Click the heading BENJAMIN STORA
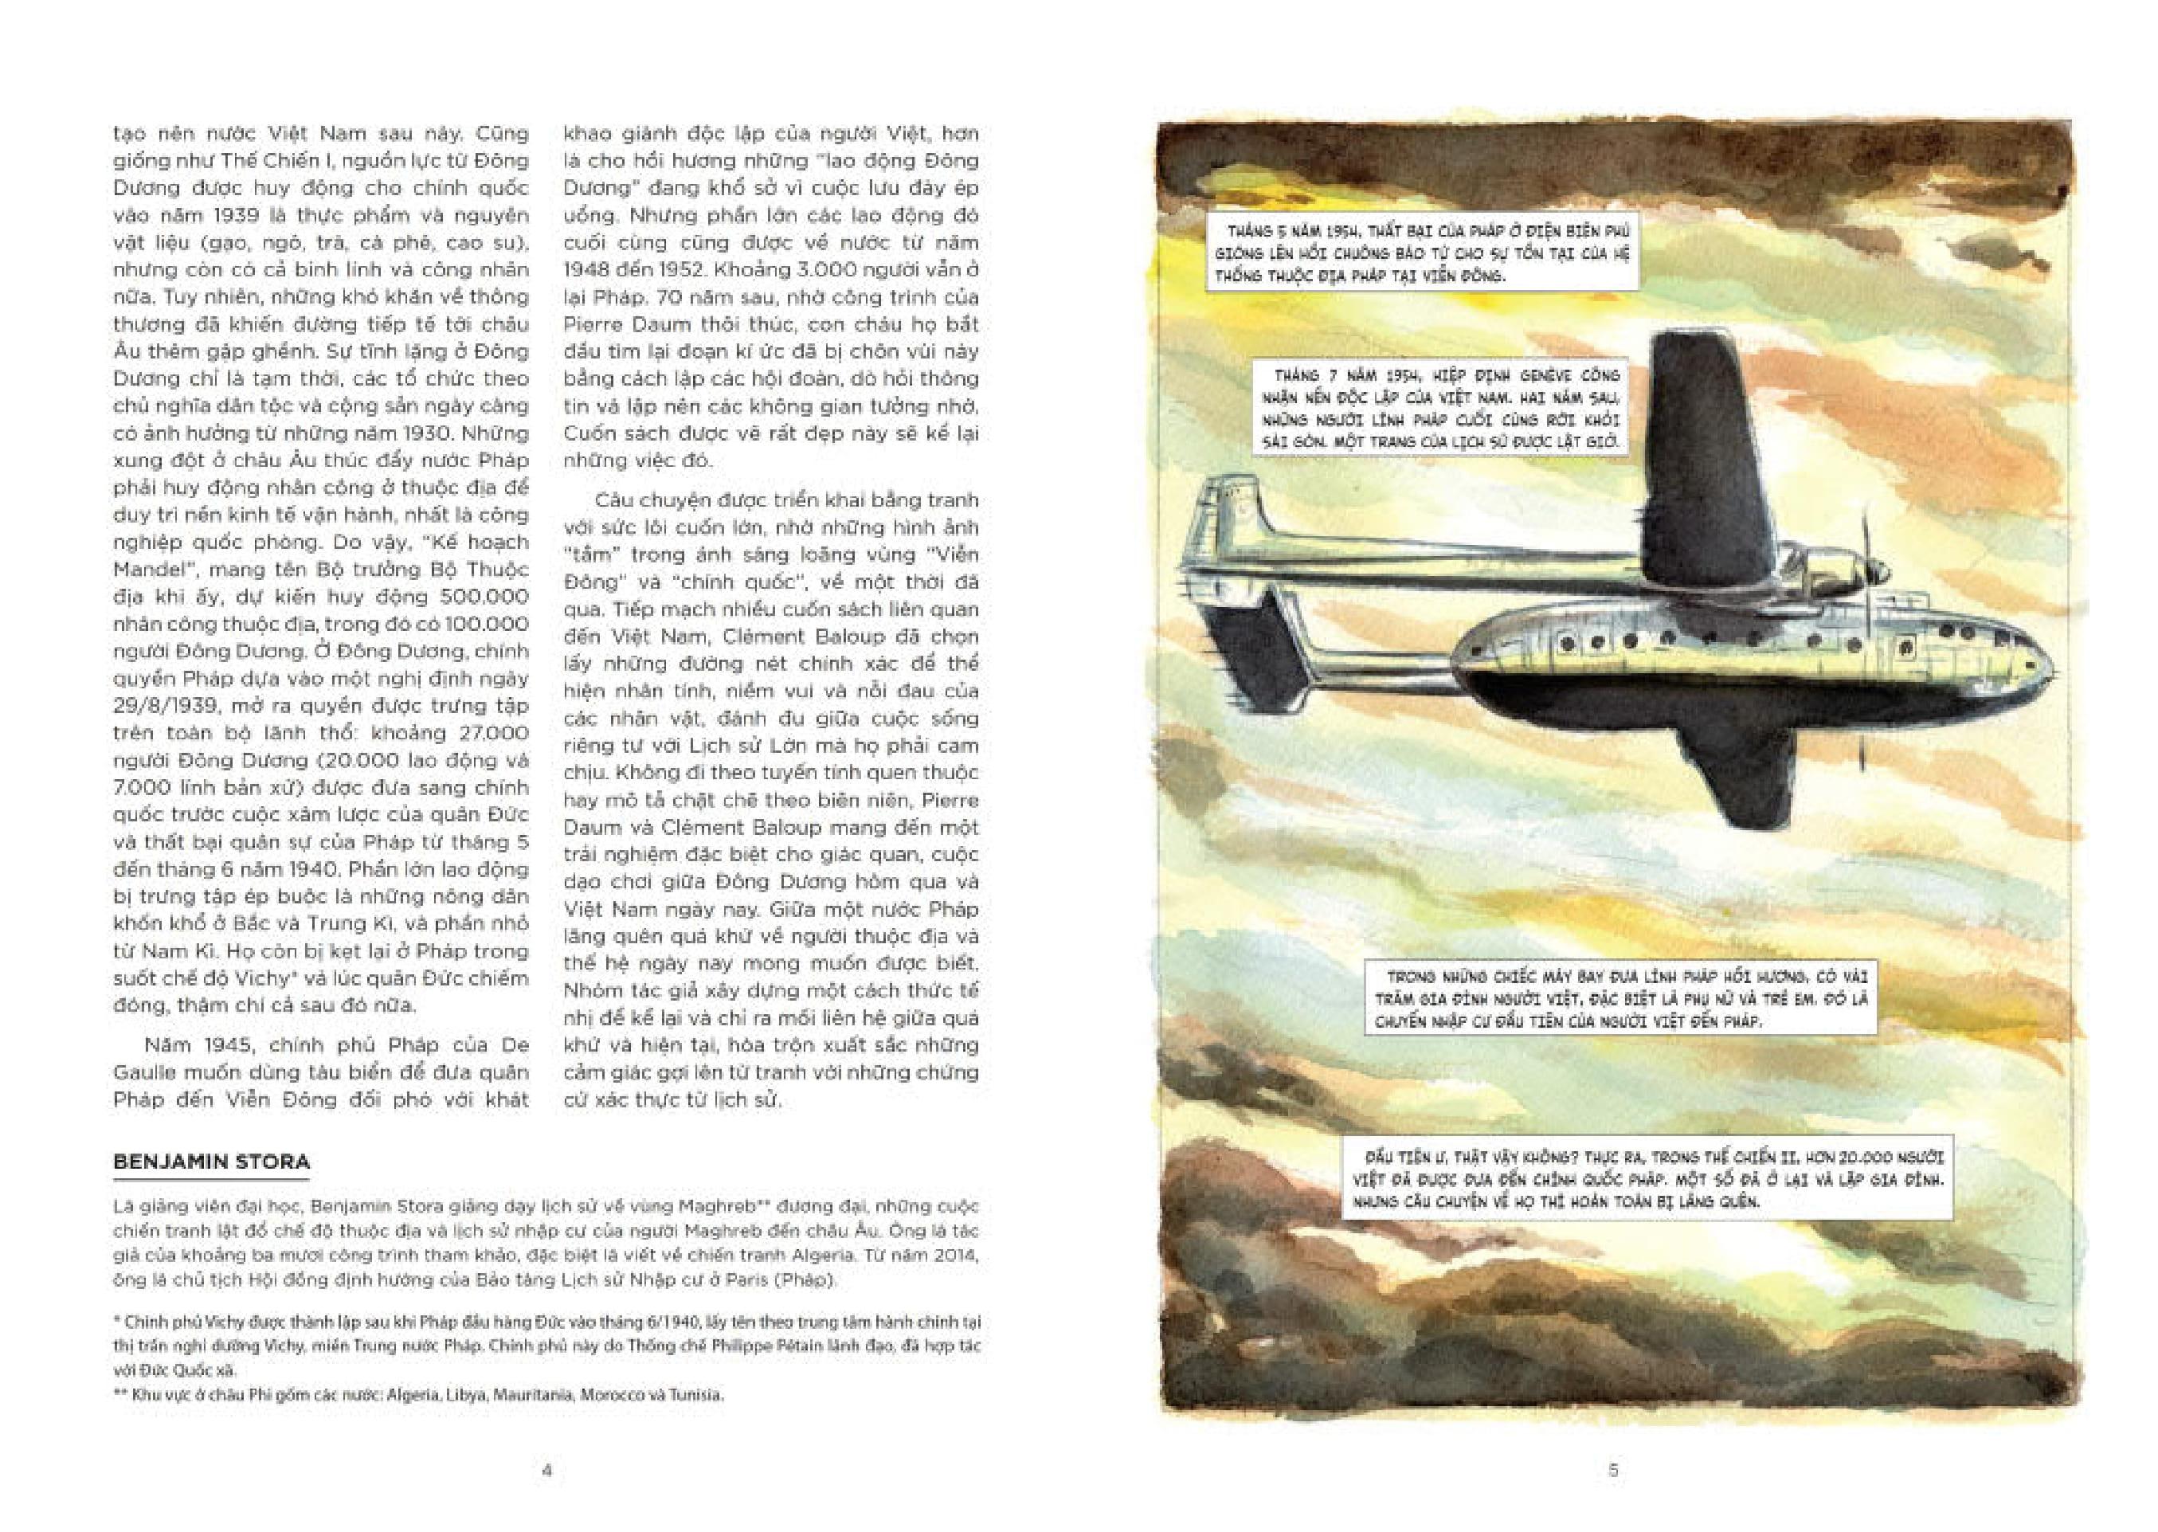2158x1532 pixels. click(x=211, y=1162)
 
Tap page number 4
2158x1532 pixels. click(x=546, y=1470)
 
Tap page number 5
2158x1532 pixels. click(x=1613, y=1470)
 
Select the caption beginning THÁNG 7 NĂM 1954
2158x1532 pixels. click(x=1440, y=409)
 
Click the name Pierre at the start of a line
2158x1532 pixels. click(x=593, y=323)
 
